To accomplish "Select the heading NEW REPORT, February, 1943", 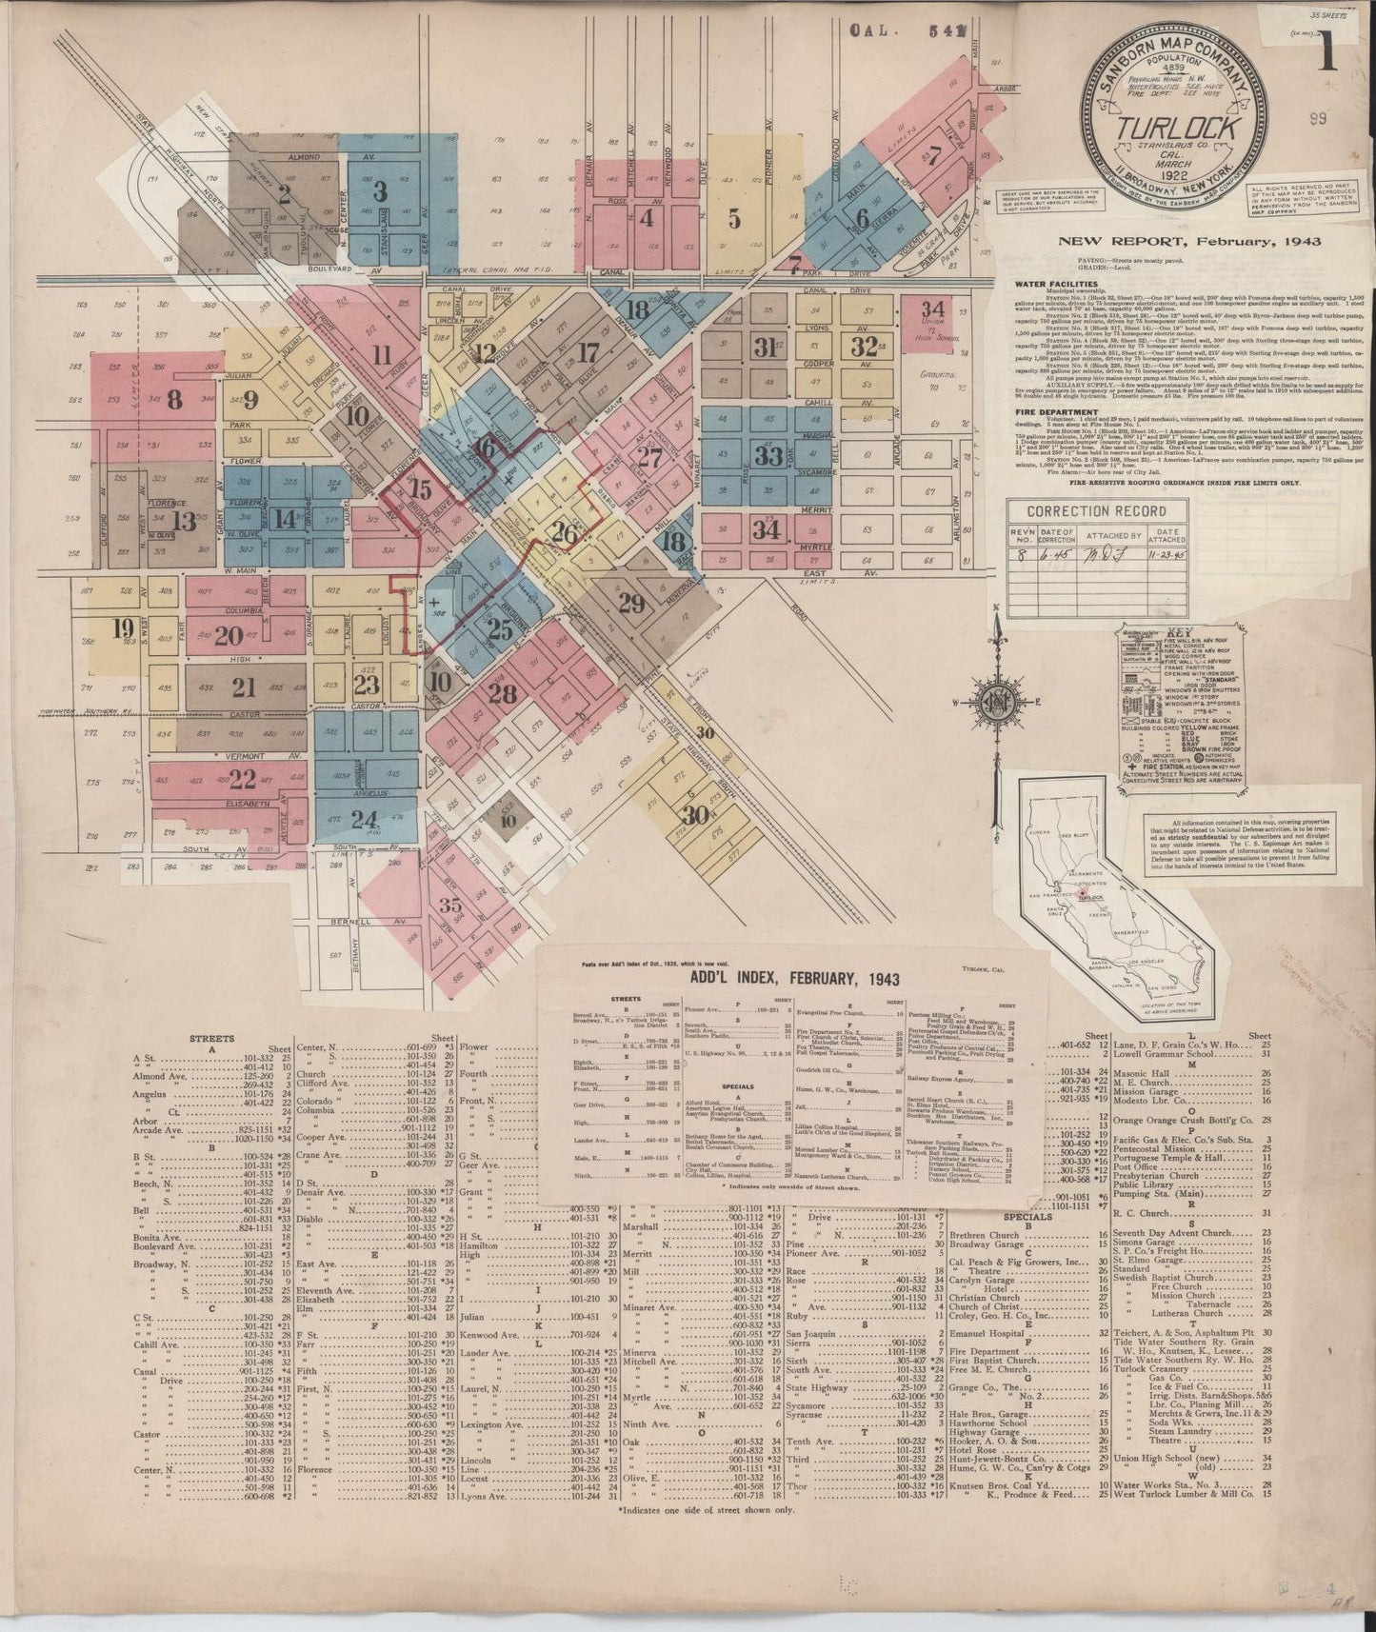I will point(1189,241).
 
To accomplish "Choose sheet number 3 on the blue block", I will point(380,191).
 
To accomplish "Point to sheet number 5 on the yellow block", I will point(733,218).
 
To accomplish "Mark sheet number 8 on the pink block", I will point(173,400).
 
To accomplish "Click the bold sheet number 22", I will point(243,780).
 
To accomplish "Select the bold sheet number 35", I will point(450,905).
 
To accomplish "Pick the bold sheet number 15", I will point(419,490).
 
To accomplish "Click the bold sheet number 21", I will point(245,687).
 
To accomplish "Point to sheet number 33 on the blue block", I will point(768,455).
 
